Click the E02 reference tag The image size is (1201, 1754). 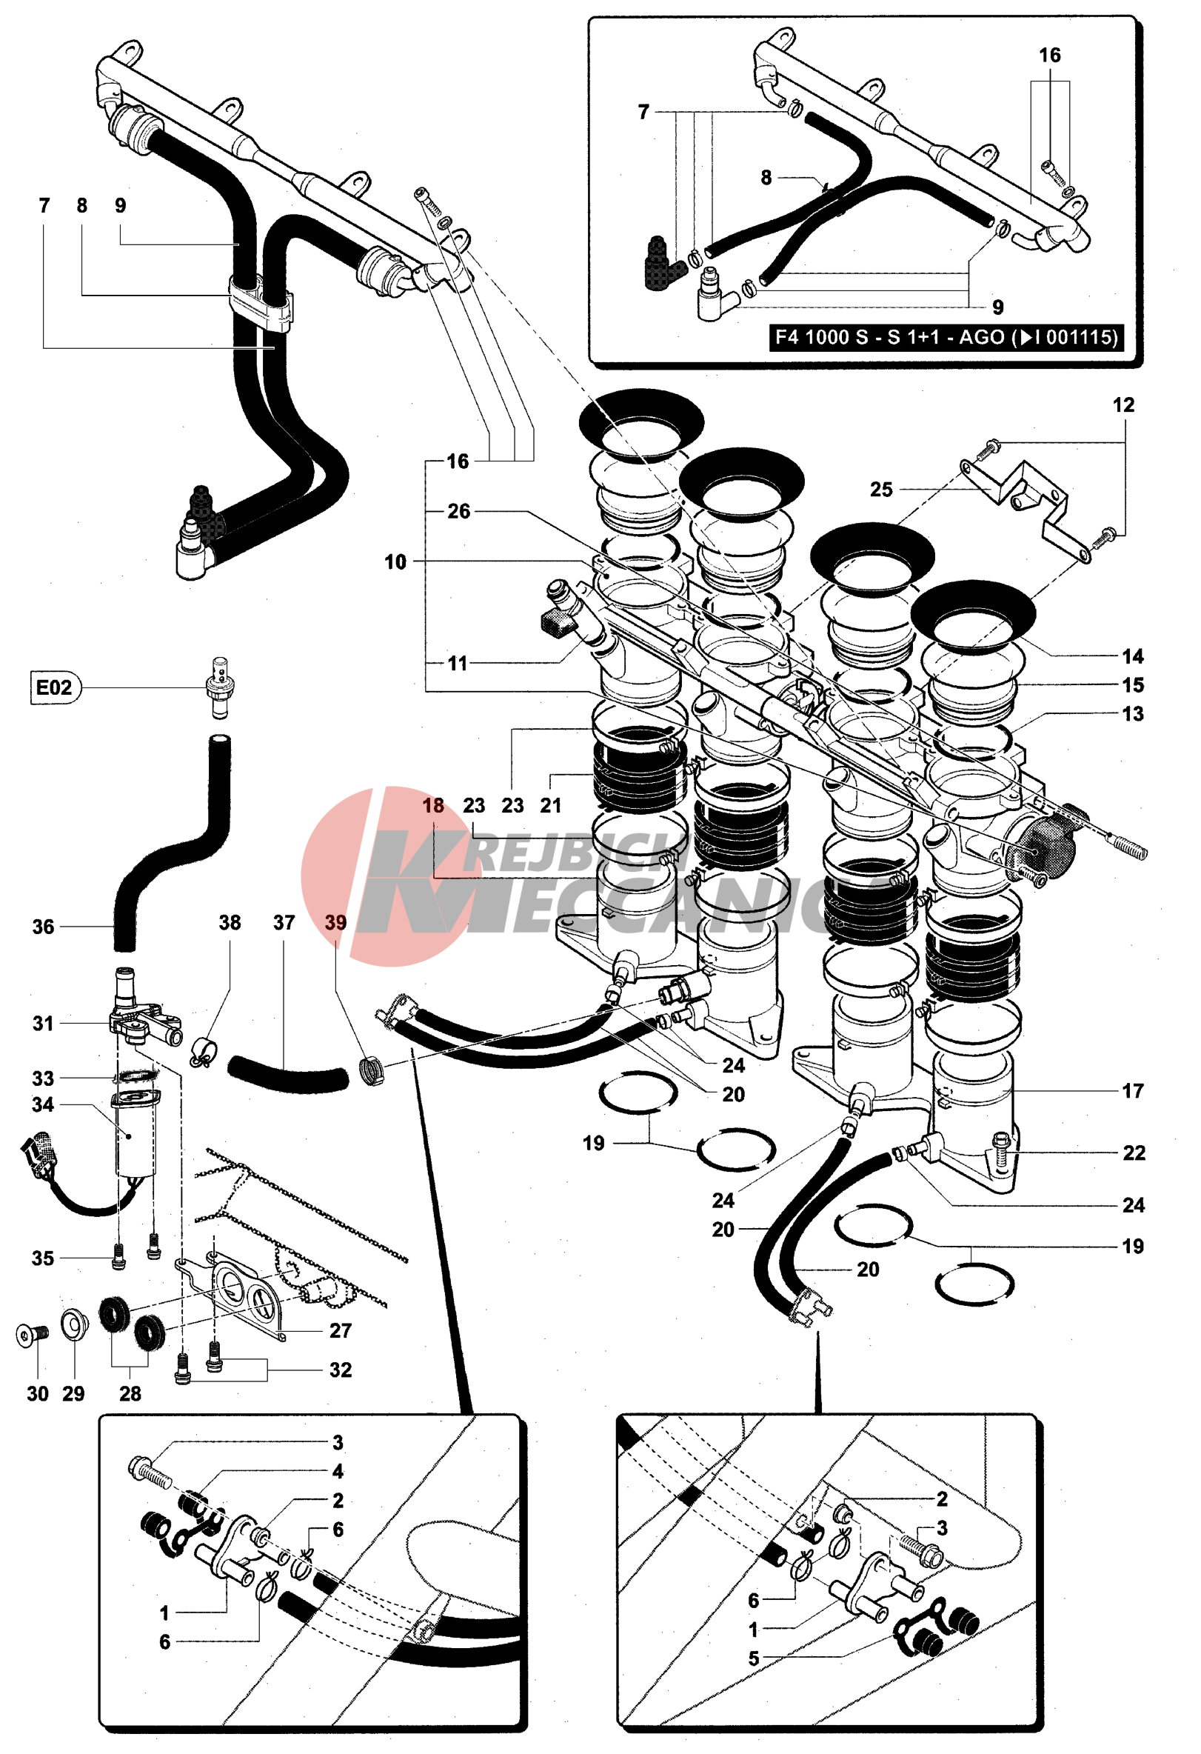(x=54, y=687)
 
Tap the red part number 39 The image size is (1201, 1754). (x=335, y=922)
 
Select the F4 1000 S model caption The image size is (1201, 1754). (x=946, y=336)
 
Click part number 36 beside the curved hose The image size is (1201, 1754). (x=43, y=927)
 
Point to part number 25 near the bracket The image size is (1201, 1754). (x=881, y=490)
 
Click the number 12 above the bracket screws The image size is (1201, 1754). (x=1123, y=405)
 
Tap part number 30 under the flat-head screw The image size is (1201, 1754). (x=38, y=1394)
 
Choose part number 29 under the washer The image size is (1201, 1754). (x=73, y=1394)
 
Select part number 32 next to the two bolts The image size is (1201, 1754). (x=340, y=1370)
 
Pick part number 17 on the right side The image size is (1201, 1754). (x=1132, y=1090)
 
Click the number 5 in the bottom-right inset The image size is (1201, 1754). (x=754, y=1659)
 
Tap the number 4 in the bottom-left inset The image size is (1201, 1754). (x=338, y=1472)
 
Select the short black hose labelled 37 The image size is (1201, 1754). (x=288, y=1075)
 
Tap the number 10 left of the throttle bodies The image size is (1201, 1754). (x=395, y=561)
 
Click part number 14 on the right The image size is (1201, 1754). (x=1132, y=656)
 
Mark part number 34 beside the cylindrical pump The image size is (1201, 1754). (x=43, y=1105)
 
